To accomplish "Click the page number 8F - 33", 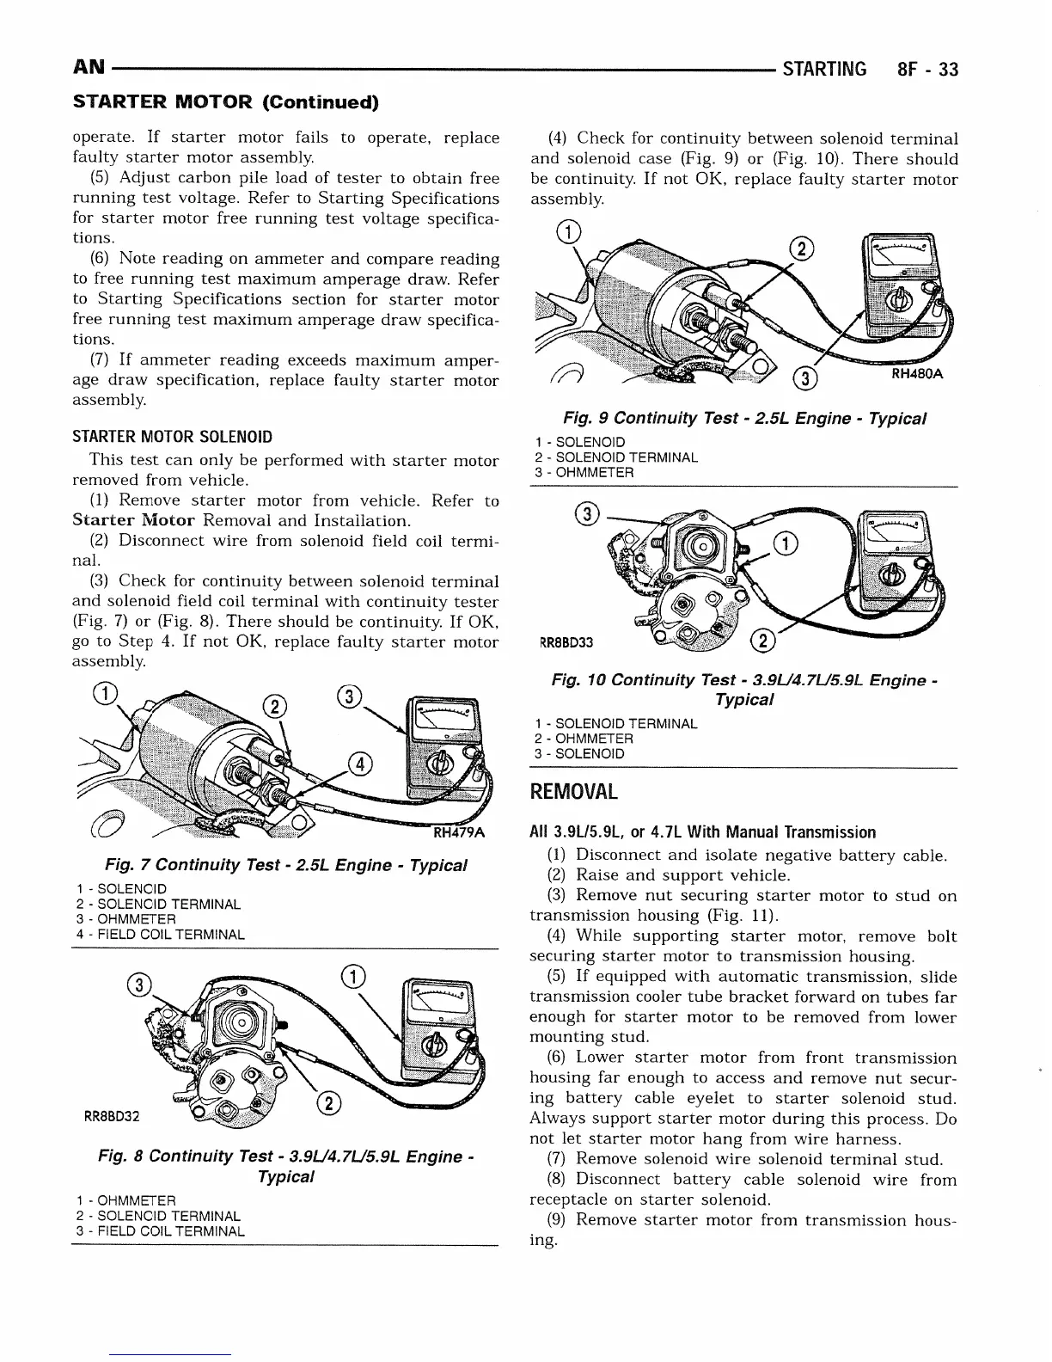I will click(x=926, y=70).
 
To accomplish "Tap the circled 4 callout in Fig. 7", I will click(x=360, y=764).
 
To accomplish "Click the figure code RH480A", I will click(x=918, y=374).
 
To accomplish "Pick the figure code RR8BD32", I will click(x=111, y=1118).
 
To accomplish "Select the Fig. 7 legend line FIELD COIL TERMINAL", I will click(x=160, y=934).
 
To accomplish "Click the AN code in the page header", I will click(x=89, y=68).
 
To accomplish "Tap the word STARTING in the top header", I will click(x=825, y=70).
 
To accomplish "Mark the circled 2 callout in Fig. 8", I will click(x=330, y=1105).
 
